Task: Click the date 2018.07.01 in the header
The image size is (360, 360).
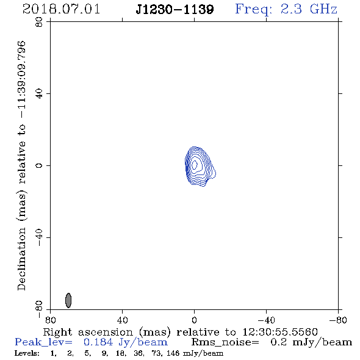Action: click(x=61, y=9)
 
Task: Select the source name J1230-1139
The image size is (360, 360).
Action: click(x=175, y=10)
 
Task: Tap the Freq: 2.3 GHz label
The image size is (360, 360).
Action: click(x=286, y=10)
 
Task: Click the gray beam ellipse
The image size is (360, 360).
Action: click(x=68, y=300)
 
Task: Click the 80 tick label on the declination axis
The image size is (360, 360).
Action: click(x=39, y=22)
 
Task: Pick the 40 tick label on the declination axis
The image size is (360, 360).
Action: click(x=39, y=94)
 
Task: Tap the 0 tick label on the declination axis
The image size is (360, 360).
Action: click(x=39, y=165)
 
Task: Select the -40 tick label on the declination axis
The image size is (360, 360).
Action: click(x=39, y=237)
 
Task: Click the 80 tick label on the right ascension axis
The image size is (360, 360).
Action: click(x=50, y=320)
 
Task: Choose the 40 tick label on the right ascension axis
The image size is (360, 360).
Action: click(x=123, y=320)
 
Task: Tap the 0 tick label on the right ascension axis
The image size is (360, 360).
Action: click(x=194, y=320)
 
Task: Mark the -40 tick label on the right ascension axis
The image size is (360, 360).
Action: click(x=266, y=320)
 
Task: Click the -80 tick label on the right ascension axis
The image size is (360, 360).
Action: click(x=338, y=320)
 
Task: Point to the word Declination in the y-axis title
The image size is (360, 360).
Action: click(x=21, y=259)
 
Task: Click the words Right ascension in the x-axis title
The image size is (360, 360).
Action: click(x=88, y=332)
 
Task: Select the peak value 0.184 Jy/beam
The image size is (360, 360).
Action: click(x=126, y=342)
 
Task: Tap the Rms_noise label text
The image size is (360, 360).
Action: click(x=225, y=342)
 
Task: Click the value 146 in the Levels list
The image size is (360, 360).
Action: click(x=173, y=353)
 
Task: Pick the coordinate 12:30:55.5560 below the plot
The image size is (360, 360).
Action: click(x=280, y=332)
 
